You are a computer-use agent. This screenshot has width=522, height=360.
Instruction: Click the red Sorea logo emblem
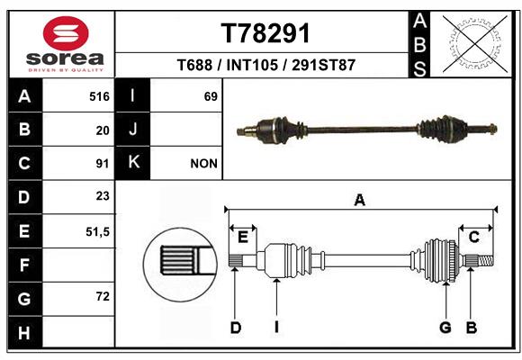tap(66, 33)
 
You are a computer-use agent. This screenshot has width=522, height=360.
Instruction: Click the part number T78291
tap(265, 33)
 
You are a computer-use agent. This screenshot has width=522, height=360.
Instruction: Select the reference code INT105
tap(252, 65)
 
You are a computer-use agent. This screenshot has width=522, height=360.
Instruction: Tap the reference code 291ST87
tap(324, 65)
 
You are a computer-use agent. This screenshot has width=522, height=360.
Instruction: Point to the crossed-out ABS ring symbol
tap(474, 44)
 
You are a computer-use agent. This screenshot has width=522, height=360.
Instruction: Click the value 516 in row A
tap(99, 96)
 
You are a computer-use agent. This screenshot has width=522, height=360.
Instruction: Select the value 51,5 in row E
tap(97, 232)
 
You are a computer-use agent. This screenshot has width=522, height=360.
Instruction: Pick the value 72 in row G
tap(103, 296)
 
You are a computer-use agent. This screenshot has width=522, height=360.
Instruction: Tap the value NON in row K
tap(203, 164)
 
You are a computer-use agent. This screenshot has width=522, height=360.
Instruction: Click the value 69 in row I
tap(211, 96)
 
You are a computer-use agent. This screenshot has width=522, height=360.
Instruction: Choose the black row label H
tap(25, 332)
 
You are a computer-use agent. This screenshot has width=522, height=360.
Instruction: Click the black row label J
tap(132, 130)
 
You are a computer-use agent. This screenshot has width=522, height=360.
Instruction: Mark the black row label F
tap(25, 265)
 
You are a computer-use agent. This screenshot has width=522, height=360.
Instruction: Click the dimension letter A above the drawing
tap(359, 201)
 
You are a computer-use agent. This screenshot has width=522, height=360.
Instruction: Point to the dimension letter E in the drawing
tap(243, 238)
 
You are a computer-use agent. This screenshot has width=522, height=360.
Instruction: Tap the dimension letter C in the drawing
tap(473, 238)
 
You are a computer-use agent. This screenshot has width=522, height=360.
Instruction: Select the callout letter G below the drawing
tap(445, 328)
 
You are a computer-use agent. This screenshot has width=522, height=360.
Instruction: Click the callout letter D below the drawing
tap(236, 328)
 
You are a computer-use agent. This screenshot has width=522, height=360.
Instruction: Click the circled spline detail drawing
tap(180, 265)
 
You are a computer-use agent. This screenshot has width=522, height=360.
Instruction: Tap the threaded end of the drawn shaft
tap(486, 260)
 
